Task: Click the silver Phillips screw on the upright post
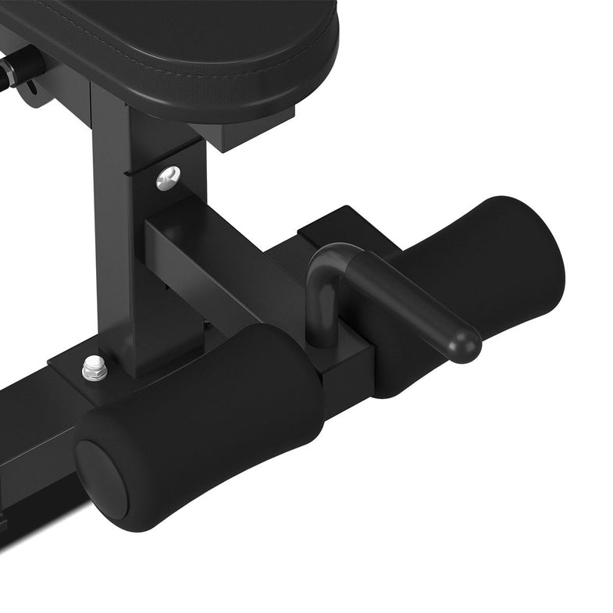tap(168, 178)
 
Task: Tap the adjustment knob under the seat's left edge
tap(19, 67)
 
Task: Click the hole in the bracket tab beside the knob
tap(32, 98)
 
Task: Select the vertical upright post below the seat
tap(117, 234)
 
